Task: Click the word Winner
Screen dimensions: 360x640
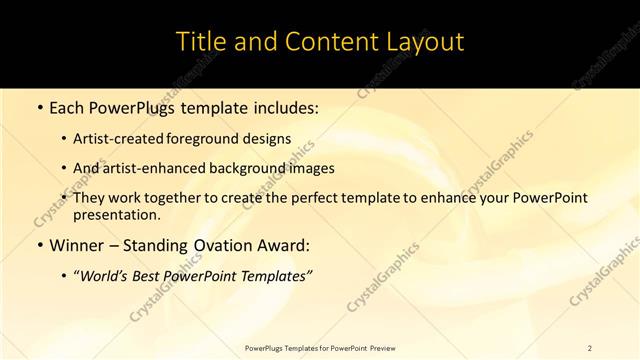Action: [75, 245]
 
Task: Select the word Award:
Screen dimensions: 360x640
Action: [283, 245]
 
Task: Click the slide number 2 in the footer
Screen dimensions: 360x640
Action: [589, 347]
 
